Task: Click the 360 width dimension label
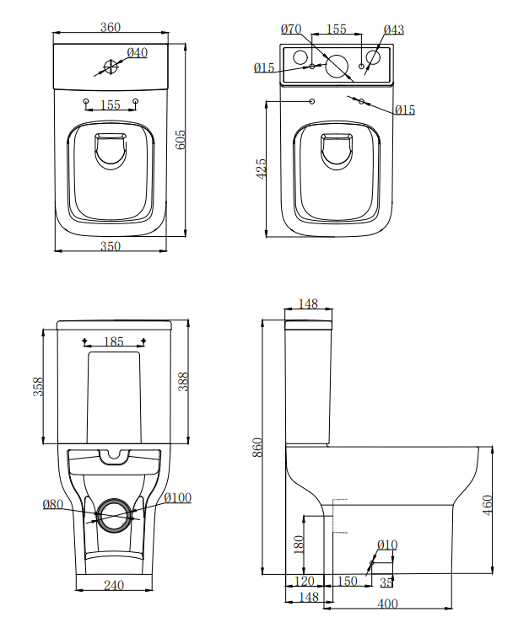[x=110, y=27]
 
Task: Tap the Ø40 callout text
[x=137, y=53]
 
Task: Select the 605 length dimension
[x=180, y=139]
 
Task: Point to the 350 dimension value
[x=110, y=246]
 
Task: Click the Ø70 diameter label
[x=291, y=30]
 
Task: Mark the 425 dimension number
[x=261, y=167]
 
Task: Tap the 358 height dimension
[x=38, y=386]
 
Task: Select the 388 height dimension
[x=183, y=381]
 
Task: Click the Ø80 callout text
[x=52, y=505]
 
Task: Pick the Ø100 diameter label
[x=177, y=498]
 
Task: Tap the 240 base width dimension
[x=115, y=585]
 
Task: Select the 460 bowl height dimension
[x=487, y=505]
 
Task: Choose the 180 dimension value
[x=298, y=544]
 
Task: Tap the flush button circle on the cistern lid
[x=111, y=65]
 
